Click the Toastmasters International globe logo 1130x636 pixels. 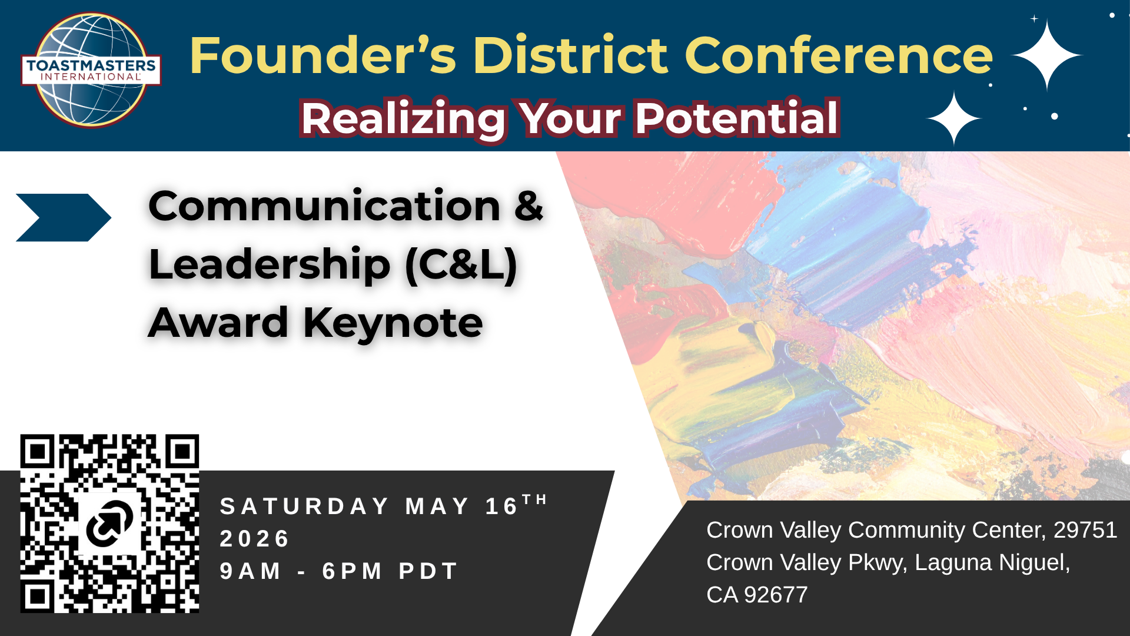[x=91, y=70]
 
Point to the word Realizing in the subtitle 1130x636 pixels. [x=404, y=120]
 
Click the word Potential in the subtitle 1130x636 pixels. [x=736, y=118]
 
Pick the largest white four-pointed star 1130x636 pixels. [x=1046, y=55]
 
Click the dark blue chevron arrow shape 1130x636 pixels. [x=64, y=217]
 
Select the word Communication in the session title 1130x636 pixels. [x=325, y=206]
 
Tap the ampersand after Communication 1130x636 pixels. [x=529, y=206]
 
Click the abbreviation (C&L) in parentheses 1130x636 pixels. [x=461, y=265]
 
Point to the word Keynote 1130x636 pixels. [x=393, y=323]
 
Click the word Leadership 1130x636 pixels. [x=270, y=265]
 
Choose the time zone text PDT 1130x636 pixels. [x=428, y=571]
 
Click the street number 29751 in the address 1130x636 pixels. [x=1085, y=530]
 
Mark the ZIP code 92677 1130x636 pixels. [x=776, y=595]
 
